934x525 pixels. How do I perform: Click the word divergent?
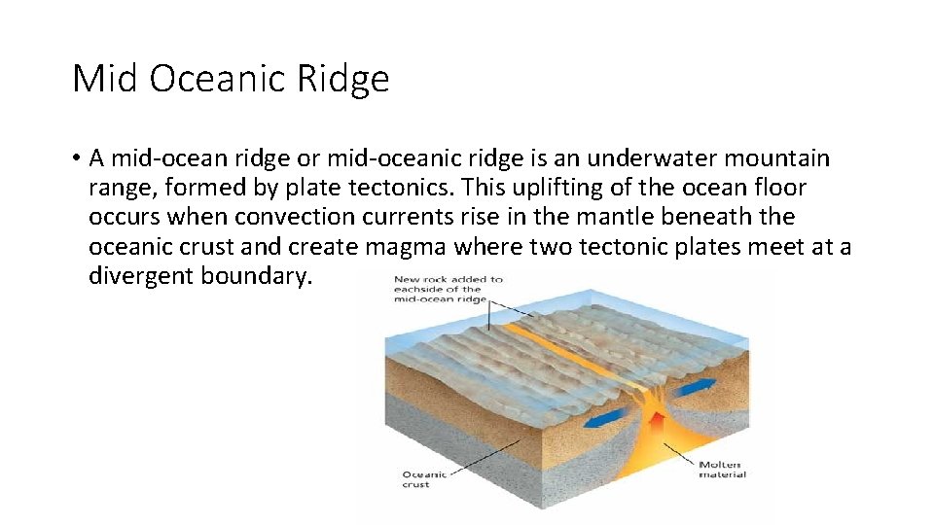tap(140, 276)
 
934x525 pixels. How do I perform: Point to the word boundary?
tap(257, 276)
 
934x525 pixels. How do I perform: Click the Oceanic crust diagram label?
tap(425, 479)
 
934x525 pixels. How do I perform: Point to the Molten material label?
tap(722, 469)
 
